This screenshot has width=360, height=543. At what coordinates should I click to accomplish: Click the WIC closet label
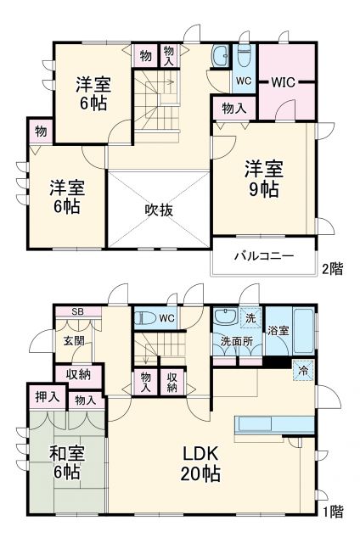coord(283,82)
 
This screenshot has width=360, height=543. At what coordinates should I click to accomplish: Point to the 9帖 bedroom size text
coord(264,189)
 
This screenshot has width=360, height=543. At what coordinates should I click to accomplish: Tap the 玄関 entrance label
coord(73,341)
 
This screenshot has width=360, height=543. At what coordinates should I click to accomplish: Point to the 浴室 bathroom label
coord(278,330)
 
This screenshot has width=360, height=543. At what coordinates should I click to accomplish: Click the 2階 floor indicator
coord(332,269)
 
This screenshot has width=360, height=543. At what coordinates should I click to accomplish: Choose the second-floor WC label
coord(243,81)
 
